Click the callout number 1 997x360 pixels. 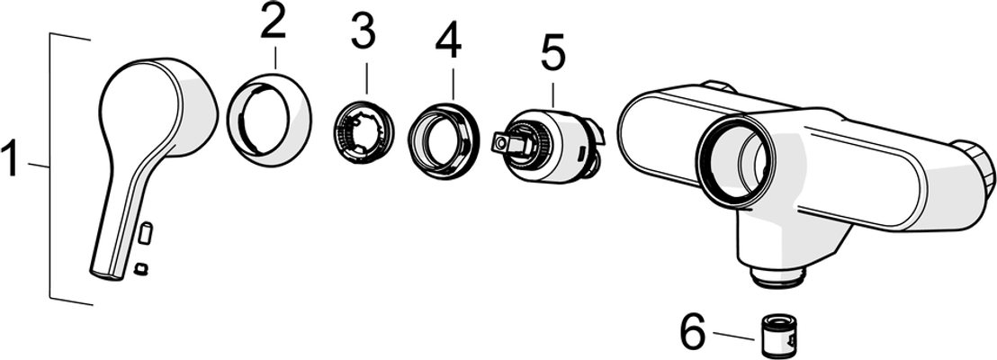click(12, 161)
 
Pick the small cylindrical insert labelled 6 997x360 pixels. click(781, 332)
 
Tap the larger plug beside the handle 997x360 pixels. click(146, 233)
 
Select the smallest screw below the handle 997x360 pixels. click(142, 270)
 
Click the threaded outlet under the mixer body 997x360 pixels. click(779, 275)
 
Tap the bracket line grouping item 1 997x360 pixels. click(50, 166)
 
